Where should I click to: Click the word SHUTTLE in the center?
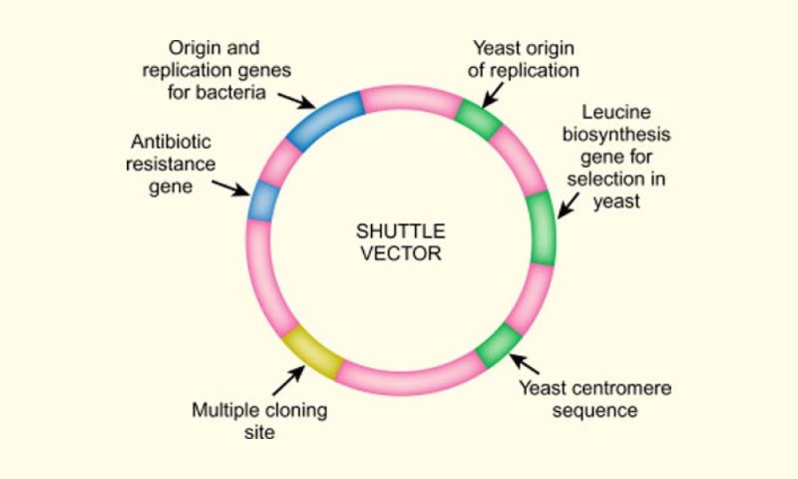tap(399, 231)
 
